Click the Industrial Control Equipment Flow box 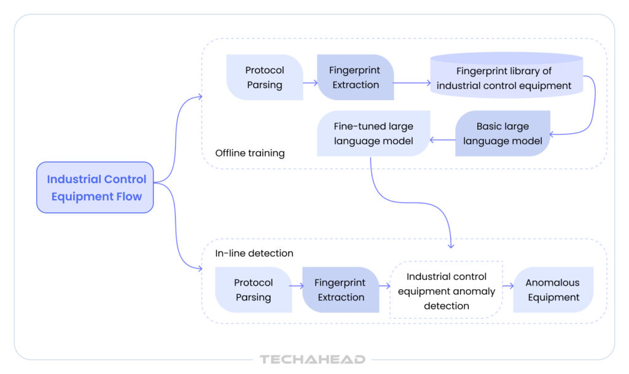95,187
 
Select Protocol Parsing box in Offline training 264,77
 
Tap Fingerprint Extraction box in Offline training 356,77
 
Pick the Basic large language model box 502,133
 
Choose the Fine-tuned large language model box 373,133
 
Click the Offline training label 249,153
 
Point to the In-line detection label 254,253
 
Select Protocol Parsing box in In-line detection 253,290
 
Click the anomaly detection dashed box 447,290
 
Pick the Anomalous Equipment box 553,290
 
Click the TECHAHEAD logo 313,359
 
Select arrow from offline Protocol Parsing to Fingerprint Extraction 310,82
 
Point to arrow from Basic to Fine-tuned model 442,141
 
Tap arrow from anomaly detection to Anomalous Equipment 508,286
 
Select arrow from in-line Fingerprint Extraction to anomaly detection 385,286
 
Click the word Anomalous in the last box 552,282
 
